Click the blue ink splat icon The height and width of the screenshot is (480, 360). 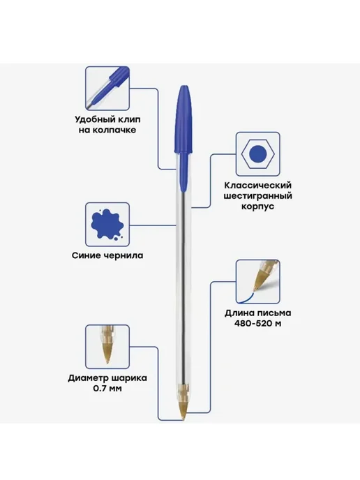(107, 224)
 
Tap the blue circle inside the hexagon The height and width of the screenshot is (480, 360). (257, 154)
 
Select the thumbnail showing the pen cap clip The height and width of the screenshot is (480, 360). (107, 88)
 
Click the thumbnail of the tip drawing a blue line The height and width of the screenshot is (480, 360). (257, 282)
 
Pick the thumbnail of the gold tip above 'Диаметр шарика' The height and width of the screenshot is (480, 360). (107, 347)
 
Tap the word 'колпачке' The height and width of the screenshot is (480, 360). (114, 130)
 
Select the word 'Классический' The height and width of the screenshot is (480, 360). (257, 186)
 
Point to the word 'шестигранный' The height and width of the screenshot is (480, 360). (257, 196)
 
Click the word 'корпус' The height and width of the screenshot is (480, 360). (257, 207)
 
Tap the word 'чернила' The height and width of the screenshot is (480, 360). (125, 255)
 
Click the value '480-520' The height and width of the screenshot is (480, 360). (252, 323)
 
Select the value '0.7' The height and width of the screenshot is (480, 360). (98, 388)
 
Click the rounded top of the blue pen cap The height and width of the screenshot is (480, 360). (184, 89)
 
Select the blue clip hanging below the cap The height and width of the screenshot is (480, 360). (183, 171)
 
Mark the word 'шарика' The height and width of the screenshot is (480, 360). (129, 378)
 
